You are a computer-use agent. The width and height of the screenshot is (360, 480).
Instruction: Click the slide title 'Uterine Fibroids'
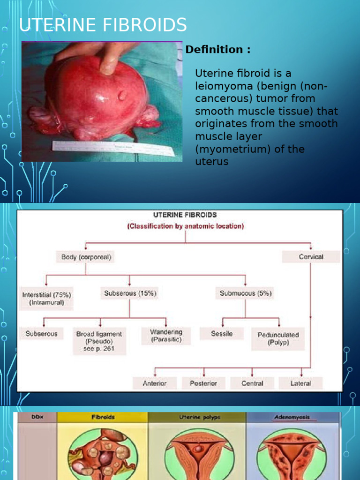(103, 24)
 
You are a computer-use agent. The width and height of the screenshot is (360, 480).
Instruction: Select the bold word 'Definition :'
(217, 50)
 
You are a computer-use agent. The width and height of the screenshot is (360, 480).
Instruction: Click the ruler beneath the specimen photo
(112, 149)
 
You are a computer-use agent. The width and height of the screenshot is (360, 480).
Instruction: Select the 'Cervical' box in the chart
(311, 257)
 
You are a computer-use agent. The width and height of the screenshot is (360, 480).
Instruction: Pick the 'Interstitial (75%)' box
(46, 299)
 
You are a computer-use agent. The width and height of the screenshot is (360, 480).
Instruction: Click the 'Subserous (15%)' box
(130, 294)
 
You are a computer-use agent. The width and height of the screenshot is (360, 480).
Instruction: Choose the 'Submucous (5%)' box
(246, 294)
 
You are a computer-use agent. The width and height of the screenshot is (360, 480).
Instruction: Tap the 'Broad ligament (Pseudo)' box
(99, 341)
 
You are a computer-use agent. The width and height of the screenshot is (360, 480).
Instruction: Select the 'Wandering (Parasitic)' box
(166, 336)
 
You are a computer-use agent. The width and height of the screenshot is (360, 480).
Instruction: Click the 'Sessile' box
(222, 334)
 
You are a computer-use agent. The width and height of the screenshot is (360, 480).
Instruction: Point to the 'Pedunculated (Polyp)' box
(278, 338)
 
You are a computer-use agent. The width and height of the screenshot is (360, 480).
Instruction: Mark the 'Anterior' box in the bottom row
(155, 383)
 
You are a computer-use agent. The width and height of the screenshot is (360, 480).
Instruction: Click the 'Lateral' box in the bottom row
(300, 383)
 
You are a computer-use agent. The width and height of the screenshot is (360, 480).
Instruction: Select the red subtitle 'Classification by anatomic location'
(185, 226)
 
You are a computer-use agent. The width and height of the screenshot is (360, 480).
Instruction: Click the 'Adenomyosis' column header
(292, 417)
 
